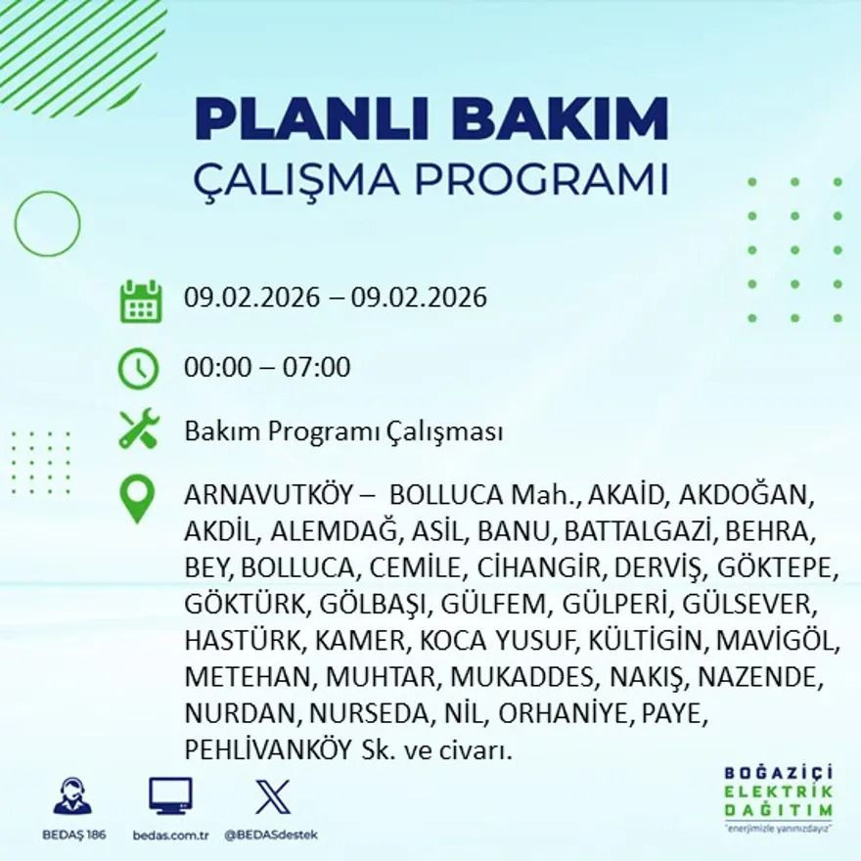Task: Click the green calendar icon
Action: [x=141, y=301]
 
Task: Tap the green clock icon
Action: [x=138, y=369]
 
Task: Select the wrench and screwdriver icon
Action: [x=138, y=430]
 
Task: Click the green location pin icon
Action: [x=137, y=497]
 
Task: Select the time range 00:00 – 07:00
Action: [x=267, y=368]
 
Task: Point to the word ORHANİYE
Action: [x=565, y=714]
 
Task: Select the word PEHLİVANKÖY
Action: [x=267, y=750]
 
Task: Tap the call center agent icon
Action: [x=71, y=796]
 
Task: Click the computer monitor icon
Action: [x=170, y=796]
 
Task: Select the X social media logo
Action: [x=272, y=796]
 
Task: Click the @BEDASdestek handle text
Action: [x=271, y=835]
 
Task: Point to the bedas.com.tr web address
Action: [x=170, y=835]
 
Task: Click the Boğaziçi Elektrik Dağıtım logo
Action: [x=779, y=796]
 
